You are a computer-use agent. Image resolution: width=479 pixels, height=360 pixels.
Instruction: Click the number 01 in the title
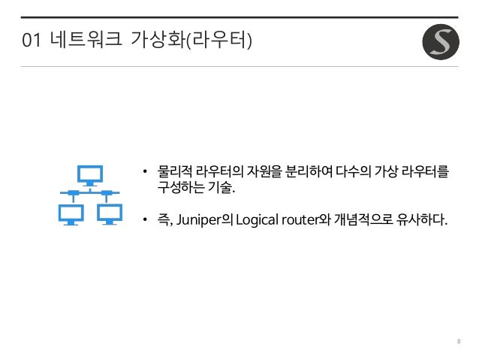[x=32, y=38]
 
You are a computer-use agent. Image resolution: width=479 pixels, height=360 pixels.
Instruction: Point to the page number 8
[x=458, y=342]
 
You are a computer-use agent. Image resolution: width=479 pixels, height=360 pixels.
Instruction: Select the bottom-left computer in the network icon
[x=71, y=213]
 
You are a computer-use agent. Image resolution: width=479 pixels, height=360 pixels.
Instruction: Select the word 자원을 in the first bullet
[x=264, y=173]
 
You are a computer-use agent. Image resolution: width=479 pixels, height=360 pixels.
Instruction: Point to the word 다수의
[x=356, y=173]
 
